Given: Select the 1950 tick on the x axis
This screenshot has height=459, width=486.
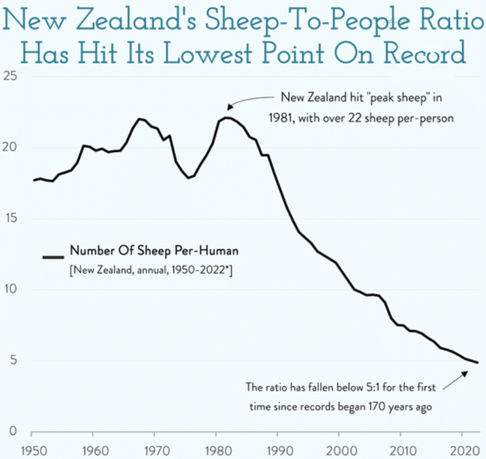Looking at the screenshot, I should [x=32, y=449].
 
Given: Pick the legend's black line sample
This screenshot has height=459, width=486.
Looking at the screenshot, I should [x=53, y=257].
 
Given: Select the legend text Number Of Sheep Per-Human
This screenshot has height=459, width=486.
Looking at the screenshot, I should [x=153, y=250].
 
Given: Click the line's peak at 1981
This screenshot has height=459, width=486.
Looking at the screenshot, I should [x=226, y=117].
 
